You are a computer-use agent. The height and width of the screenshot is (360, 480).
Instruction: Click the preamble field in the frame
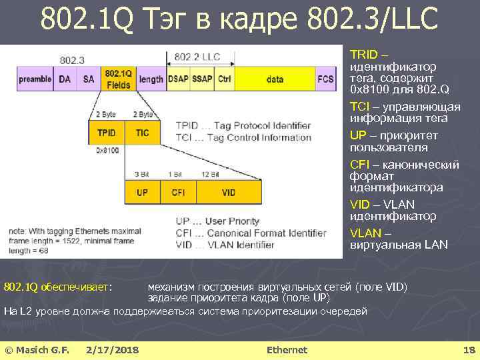pyautogui.click(x=35, y=79)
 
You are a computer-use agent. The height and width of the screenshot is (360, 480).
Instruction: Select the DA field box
pyautogui.click(x=65, y=79)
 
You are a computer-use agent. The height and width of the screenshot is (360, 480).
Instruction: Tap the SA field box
pyautogui.click(x=89, y=79)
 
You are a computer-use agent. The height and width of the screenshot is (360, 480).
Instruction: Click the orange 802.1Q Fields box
pyautogui.click(x=119, y=79)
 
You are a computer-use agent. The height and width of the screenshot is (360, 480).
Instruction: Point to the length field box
pyautogui.click(x=151, y=79)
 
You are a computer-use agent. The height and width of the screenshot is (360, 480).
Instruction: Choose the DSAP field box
pyautogui.click(x=178, y=79)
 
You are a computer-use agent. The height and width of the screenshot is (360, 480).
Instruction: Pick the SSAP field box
pyautogui.click(x=202, y=79)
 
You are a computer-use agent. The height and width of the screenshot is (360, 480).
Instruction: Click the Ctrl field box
pyautogui.click(x=224, y=79)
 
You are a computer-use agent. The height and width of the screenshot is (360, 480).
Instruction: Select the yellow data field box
pyautogui.click(x=275, y=79)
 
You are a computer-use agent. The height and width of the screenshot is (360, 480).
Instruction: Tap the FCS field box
pyautogui.click(x=325, y=79)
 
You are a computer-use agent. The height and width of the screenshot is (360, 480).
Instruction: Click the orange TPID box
pyautogui.click(x=107, y=133)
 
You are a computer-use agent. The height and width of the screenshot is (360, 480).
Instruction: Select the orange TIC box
pyautogui.click(x=142, y=133)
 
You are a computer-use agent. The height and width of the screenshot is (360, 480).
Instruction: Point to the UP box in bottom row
pyautogui.click(x=142, y=192)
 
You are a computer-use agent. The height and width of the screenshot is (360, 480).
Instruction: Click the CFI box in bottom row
pyautogui.click(x=178, y=192)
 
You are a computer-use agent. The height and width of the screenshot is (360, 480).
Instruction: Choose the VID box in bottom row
pyautogui.click(x=228, y=192)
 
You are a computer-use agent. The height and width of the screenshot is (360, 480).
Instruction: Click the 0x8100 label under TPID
pyautogui.click(x=107, y=151)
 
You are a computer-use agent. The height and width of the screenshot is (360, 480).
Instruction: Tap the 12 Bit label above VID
pyautogui.click(x=211, y=174)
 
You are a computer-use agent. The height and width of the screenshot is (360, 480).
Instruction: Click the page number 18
pyautogui.click(x=468, y=350)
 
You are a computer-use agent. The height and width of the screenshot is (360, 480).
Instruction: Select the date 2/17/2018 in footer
pyautogui.click(x=112, y=350)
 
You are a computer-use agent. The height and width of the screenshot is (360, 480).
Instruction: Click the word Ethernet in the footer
pyautogui.click(x=287, y=350)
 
